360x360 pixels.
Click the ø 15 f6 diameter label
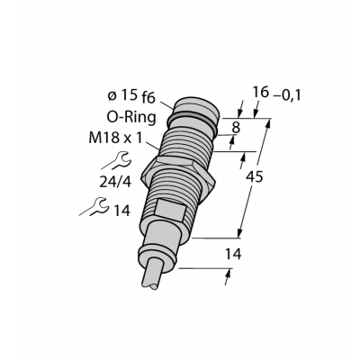[x=131, y=96]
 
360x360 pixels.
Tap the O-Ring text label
[x=131, y=117]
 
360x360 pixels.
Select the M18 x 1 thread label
[x=115, y=139]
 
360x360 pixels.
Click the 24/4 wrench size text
[x=115, y=182]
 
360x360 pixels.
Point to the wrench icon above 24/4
[x=116, y=160]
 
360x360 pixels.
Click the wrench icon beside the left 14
[x=94, y=206]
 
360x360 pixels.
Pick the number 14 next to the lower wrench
[x=121, y=211]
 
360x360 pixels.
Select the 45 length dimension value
[x=254, y=177]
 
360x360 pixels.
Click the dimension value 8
[x=237, y=128]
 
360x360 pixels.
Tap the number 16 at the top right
[x=260, y=92]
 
